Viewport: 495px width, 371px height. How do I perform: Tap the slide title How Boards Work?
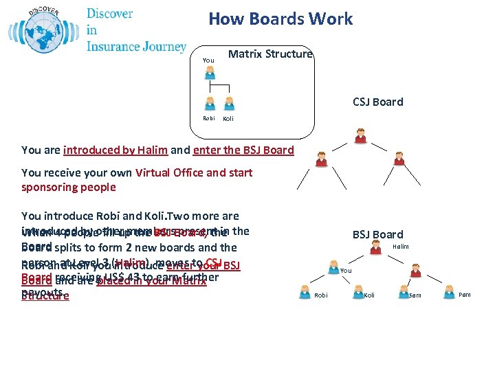click(x=280, y=19)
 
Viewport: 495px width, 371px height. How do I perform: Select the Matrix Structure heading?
click(x=270, y=54)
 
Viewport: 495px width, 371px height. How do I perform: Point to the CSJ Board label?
click(x=377, y=102)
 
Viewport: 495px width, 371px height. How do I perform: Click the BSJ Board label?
click(x=377, y=234)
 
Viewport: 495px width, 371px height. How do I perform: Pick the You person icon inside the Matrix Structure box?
click(x=210, y=72)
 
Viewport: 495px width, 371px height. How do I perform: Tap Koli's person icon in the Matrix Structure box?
click(x=229, y=103)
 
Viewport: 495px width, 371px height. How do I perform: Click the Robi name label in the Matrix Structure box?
click(x=208, y=118)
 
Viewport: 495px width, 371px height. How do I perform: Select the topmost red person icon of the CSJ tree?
click(x=360, y=135)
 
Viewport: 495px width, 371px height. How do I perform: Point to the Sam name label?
click(x=415, y=295)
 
